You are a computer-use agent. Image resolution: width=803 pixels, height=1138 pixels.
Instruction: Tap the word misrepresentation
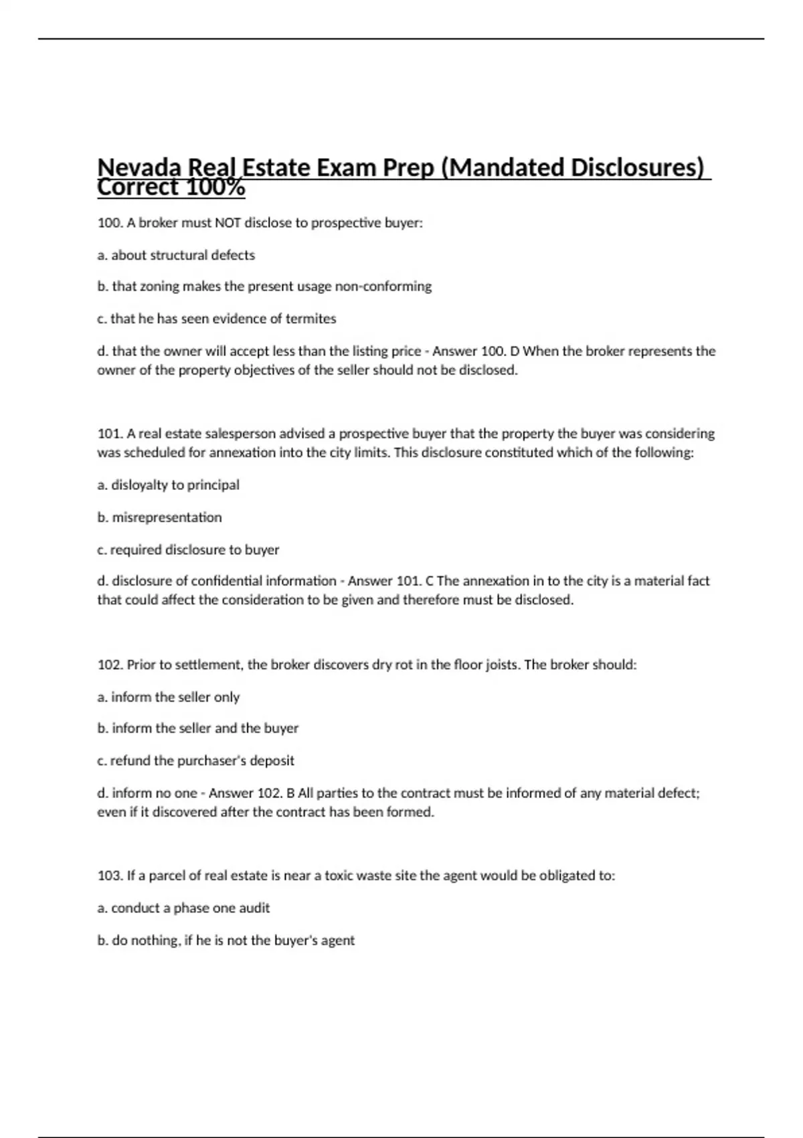click(x=167, y=517)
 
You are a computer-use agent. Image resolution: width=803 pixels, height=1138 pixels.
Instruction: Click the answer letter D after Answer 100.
click(x=515, y=351)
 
